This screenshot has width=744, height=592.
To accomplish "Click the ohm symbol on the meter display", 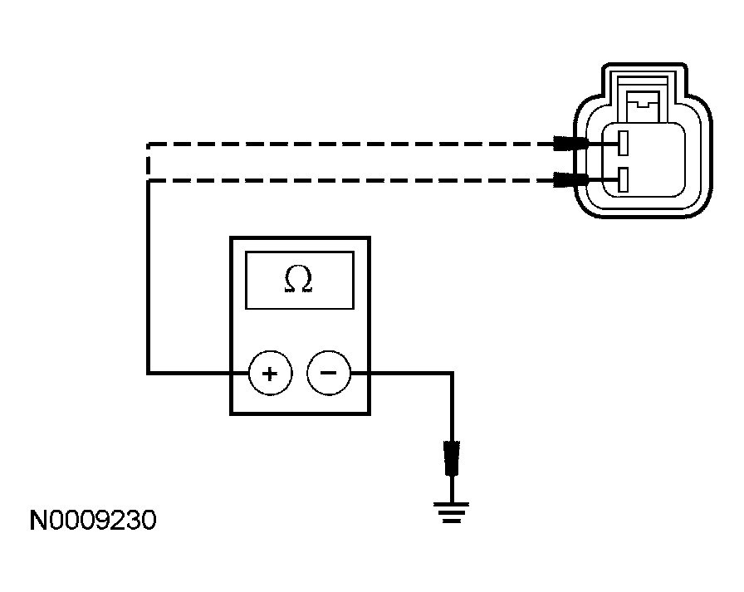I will click(x=299, y=281).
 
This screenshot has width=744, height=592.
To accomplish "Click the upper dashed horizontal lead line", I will click(x=349, y=144).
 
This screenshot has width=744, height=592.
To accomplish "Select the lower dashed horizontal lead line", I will click(x=349, y=180).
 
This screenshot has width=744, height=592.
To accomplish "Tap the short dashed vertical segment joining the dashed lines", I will click(x=148, y=162).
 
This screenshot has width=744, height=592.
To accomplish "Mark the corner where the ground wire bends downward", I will click(x=452, y=374).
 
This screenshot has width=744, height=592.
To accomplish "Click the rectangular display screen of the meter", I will click(x=299, y=281).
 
